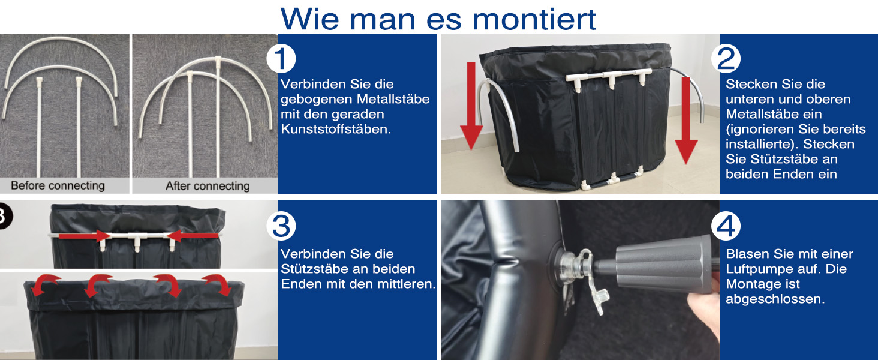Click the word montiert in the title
click(534, 19)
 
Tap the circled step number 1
click(281, 59)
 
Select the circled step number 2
click(726, 59)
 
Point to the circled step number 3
click(281, 226)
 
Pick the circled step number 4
click(726, 226)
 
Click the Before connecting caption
click(58, 185)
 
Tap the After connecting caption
click(208, 185)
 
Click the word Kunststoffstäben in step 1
click(336, 129)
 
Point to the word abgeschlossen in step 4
click(775, 299)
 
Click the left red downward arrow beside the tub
click(471, 106)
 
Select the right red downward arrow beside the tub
click(685, 120)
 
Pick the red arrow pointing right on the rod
click(85, 236)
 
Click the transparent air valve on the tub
click(580, 275)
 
